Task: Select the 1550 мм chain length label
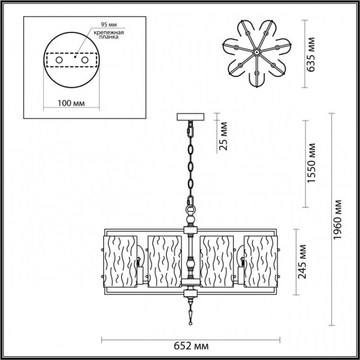[311, 164]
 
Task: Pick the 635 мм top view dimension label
[310, 56]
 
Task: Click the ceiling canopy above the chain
[191, 116]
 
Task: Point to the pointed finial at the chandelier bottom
[191, 313]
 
